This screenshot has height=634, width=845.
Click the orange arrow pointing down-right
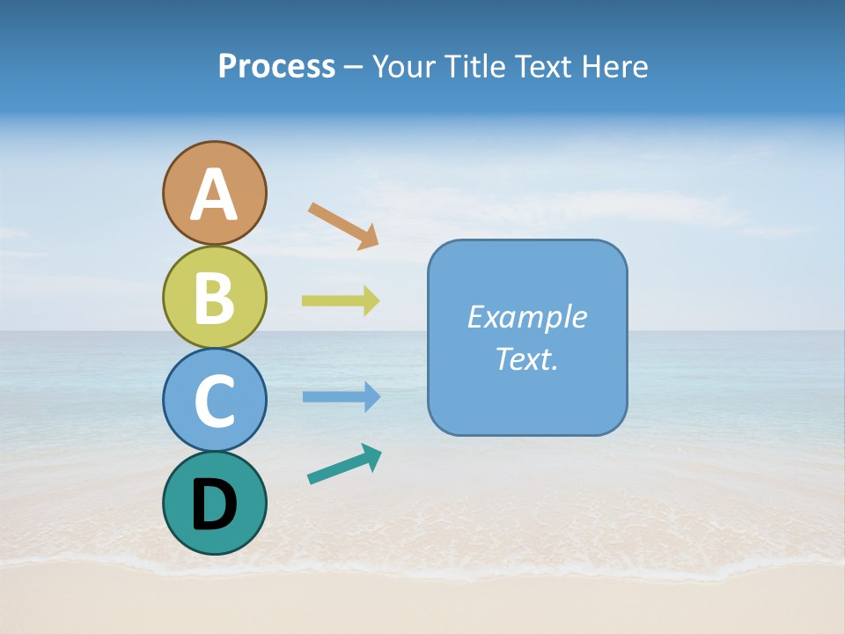tap(343, 225)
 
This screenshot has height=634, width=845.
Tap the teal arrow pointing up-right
tap(344, 464)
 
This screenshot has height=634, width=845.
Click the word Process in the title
tap(276, 67)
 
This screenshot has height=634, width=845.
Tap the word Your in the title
tap(402, 67)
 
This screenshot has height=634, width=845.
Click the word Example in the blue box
tap(526, 317)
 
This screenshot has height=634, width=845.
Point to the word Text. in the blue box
tap(526, 358)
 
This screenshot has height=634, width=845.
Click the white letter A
tap(214, 195)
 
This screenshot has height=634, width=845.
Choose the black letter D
tap(214, 504)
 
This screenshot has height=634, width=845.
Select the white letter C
tap(214, 402)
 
